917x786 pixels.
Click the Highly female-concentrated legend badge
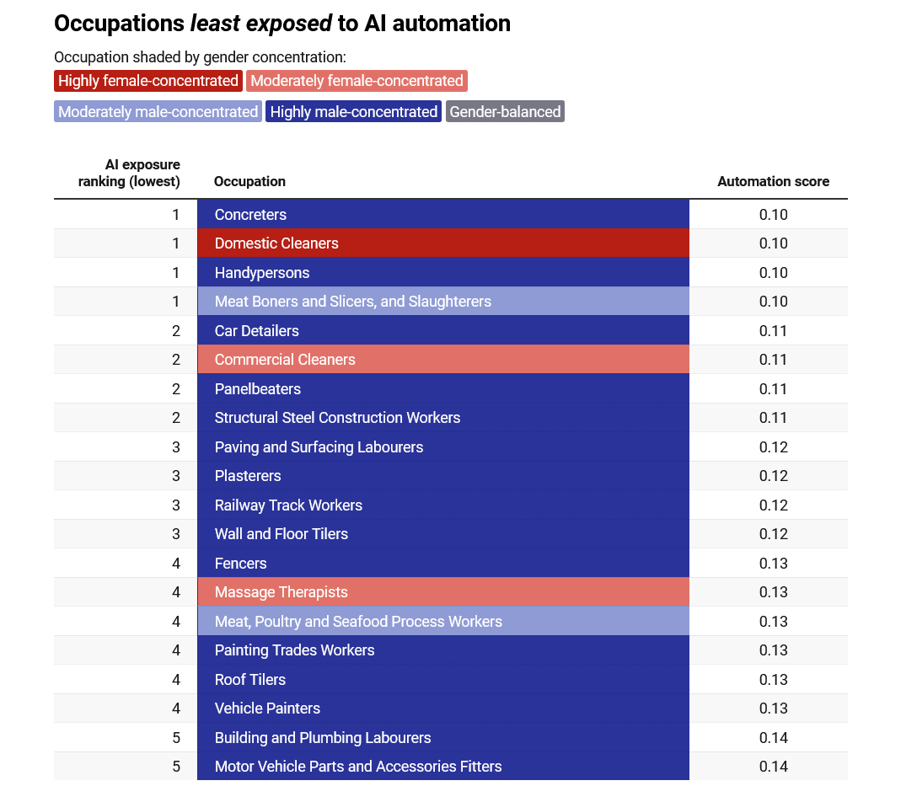click(x=148, y=81)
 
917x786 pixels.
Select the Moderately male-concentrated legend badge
click(x=158, y=111)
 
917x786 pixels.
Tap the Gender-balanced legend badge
click(x=506, y=111)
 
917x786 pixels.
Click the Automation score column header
click(x=773, y=182)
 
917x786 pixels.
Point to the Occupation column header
click(x=249, y=182)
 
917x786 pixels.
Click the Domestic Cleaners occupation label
click(x=276, y=243)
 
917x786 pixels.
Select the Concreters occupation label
click(x=250, y=215)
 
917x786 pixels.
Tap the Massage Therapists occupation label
click(x=282, y=592)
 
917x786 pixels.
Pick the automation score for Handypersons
click(x=773, y=273)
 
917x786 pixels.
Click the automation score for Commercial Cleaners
click(x=773, y=360)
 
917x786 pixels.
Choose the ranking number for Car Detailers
click(x=176, y=331)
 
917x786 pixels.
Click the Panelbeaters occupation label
click(x=258, y=389)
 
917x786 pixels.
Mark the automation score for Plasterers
click(x=773, y=476)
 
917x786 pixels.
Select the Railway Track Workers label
click(x=288, y=505)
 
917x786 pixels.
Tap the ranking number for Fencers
click(x=176, y=564)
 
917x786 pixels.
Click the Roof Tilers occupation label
click(x=250, y=680)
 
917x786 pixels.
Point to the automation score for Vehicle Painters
click(x=773, y=708)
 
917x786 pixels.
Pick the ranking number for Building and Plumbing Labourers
click(x=176, y=737)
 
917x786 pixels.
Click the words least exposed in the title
click(x=261, y=24)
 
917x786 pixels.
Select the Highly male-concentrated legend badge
click(x=354, y=111)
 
